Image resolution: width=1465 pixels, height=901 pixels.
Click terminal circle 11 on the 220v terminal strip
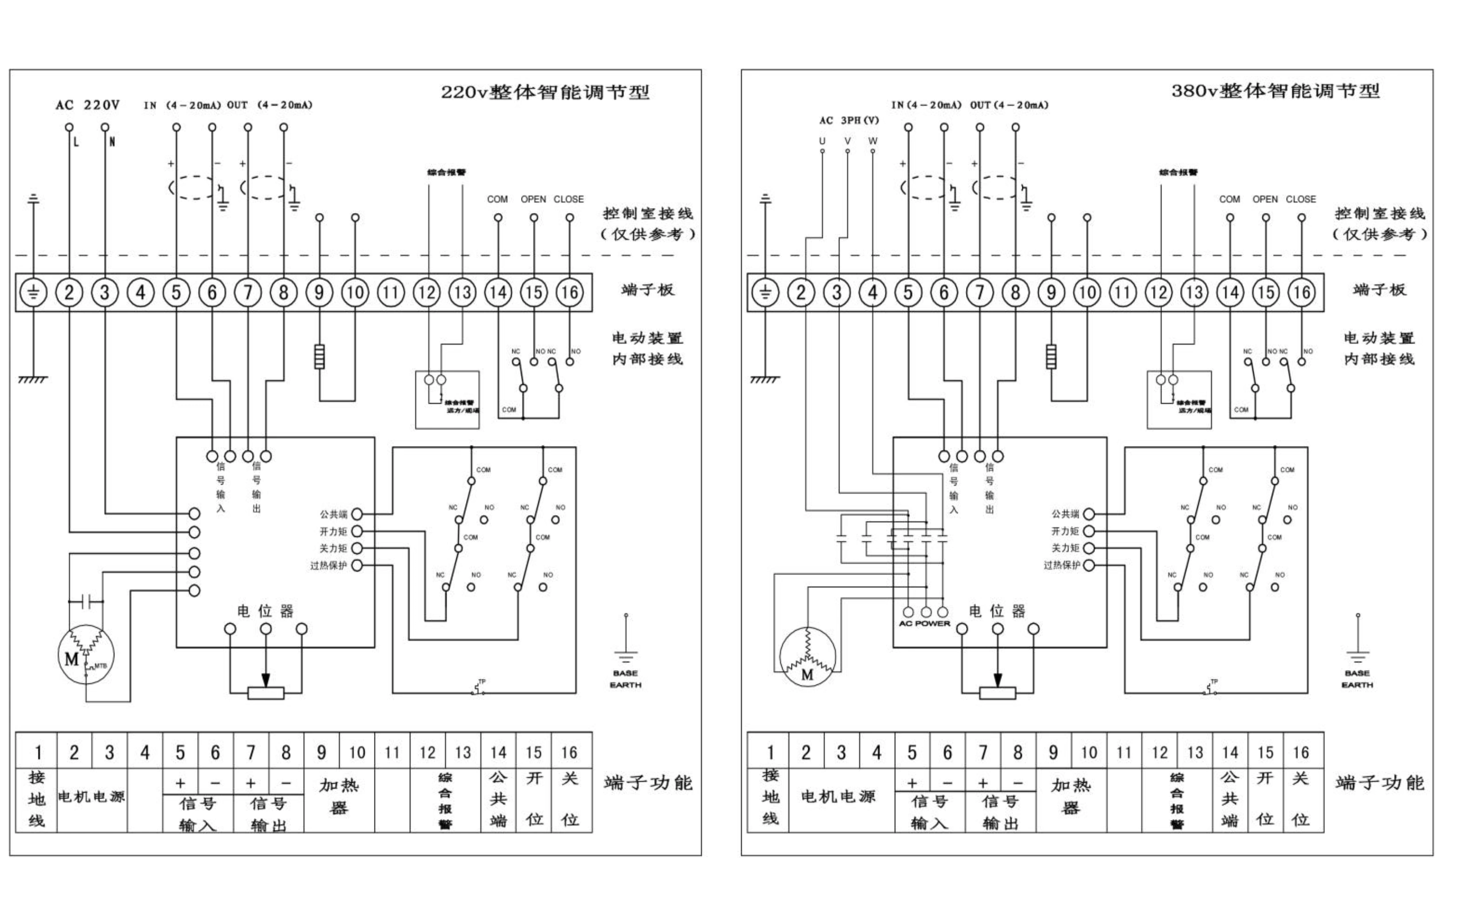point(391,293)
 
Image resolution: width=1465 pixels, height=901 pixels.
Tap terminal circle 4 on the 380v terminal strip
point(873,293)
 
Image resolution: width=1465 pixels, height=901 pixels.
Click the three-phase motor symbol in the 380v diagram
point(807,656)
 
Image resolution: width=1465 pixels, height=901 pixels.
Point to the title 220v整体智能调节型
point(545,93)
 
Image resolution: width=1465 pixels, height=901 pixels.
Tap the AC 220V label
point(88,105)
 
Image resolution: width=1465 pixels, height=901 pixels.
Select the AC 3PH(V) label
point(849,120)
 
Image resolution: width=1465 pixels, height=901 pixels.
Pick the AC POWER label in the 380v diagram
point(924,623)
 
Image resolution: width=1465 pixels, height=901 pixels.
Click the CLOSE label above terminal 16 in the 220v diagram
point(569,199)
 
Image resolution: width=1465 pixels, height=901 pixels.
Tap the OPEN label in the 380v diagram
point(1265,199)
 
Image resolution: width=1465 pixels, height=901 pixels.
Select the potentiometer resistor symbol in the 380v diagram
point(997,693)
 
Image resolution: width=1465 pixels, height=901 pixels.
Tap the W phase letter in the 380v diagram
point(873,141)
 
